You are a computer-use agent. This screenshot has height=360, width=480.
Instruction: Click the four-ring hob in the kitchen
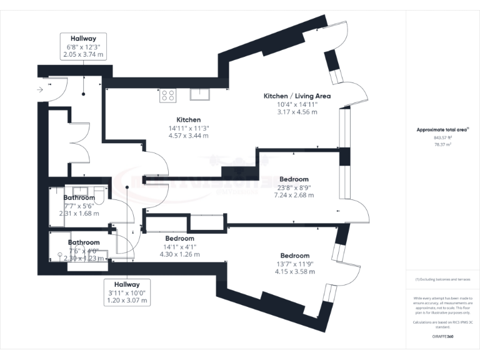(168, 95)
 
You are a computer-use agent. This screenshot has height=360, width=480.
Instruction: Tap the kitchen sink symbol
(199, 94)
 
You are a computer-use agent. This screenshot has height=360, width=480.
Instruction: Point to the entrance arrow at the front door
(41, 90)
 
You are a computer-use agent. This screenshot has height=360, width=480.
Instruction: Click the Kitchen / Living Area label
(297, 96)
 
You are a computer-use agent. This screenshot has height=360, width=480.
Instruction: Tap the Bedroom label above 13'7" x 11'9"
(294, 256)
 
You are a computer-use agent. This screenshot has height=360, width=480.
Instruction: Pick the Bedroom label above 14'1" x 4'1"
(179, 238)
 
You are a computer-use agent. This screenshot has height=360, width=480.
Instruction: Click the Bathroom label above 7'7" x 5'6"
(79, 197)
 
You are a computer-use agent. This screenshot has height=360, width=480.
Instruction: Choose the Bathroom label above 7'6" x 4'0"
(84, 242)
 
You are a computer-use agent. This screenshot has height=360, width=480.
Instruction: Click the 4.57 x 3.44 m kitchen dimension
(188, 135)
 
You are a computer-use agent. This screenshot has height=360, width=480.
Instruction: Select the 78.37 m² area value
(443, 144)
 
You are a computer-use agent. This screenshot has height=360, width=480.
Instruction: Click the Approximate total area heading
(442, 129)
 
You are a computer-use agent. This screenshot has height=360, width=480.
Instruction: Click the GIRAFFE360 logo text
(443, 336)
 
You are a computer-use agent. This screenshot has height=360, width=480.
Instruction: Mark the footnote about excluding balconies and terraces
(443, 279)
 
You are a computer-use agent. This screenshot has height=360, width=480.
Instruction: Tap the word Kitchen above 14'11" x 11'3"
(188, 119)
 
